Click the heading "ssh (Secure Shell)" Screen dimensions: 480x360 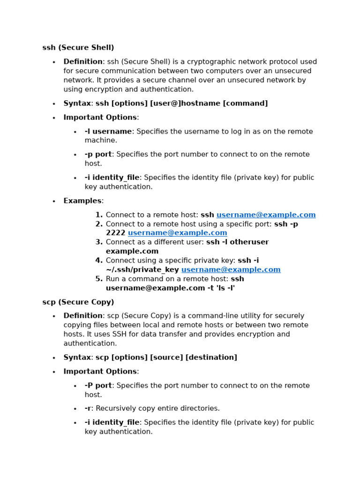pos(78,48)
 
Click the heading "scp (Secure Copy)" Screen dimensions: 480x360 pos(78,302)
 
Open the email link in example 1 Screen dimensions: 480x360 pos(266,215)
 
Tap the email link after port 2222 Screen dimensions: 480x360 pos(177,233)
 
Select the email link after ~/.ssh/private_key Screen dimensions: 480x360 pos(231,270)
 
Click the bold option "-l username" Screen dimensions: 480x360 pos(108,132)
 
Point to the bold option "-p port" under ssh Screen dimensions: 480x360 pos(98,155)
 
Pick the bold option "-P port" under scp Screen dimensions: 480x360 pos(98,386)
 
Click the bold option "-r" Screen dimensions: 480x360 pos(88,409)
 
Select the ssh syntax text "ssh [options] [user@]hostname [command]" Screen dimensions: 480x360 pos(181,104)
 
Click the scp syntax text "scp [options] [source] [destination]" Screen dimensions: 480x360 pos(166,358)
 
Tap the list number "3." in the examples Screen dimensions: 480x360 pos(99,242)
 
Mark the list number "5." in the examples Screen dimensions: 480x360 pos(99,279)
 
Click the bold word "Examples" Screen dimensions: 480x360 pos(82,201)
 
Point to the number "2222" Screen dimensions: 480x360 pos(115,233)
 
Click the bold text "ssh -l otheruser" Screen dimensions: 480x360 pos(237,242)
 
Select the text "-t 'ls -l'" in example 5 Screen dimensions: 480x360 pos(221,288)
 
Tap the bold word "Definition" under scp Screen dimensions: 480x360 pos(83,316)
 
